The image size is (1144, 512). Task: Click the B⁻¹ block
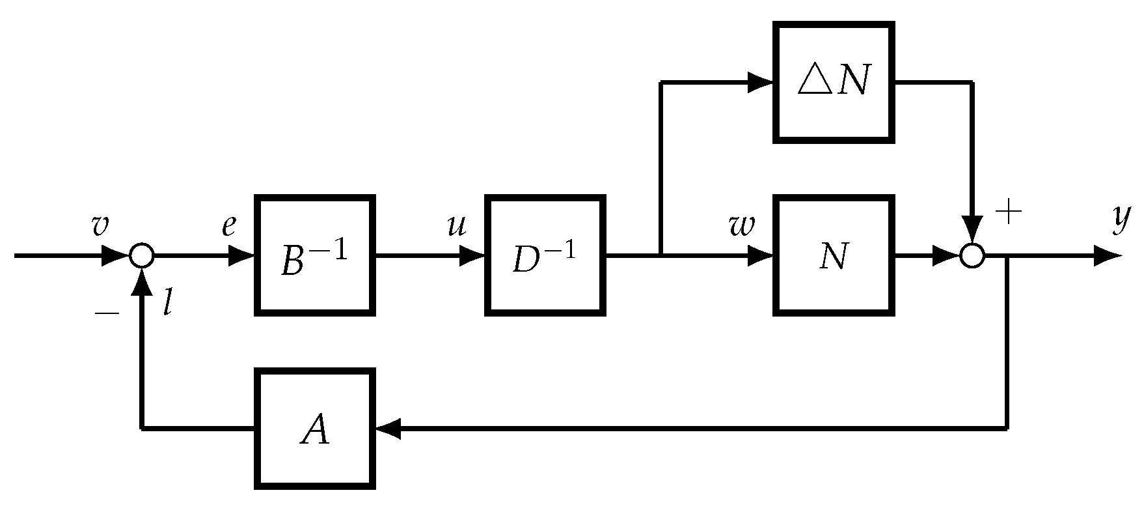pyautogui.click(x=315, y=255)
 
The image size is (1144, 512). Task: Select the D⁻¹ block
pyautogui.click(x=545, y=255)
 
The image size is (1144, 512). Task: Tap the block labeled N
pyautogui.click(x=832, y=255)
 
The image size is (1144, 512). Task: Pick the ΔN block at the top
pyautogui.click(x=832, y=82)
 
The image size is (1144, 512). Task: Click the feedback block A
pyautogui.click(x=315, y=429)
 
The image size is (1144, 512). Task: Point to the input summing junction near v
pyautogui.click(x=141, y=255)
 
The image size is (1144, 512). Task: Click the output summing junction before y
pyautogui.click(x=972, y=255)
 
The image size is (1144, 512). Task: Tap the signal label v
pyautogui.click(x=100, y=225)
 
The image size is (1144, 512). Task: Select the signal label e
pyautogui.click(x=228, y=225)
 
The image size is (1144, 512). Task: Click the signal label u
pyautogui.click(x=457, y=225)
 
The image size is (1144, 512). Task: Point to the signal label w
pyautogui.click(x=742, y=225)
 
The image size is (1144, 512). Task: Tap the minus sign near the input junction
pyautogui.click(x=107, y=313)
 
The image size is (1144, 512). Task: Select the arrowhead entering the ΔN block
pyautogui.click(x=760, y=82)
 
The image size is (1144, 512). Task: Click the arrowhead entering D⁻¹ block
pyautogui.click(x=471, y=255)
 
